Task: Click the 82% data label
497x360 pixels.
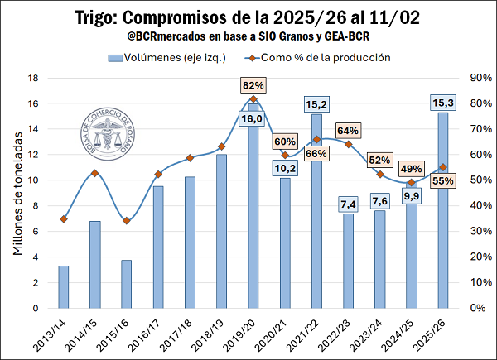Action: [x=253, y=85]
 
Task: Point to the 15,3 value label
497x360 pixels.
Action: [x=442, y=103]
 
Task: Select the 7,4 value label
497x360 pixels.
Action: [x=348, y=204]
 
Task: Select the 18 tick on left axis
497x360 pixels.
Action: [x=35, y=78]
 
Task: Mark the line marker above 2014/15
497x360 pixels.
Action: [x=95, y=173]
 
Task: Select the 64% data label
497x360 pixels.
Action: [x=348, y=131]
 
